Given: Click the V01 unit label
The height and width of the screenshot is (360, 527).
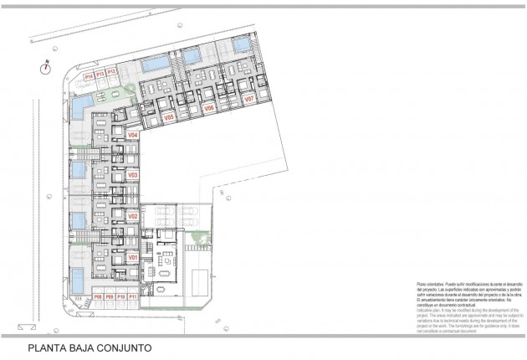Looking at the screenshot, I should point(133,258).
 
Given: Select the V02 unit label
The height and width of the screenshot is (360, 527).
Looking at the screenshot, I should point(133,216).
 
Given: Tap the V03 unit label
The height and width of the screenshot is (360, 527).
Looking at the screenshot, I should point(133,175).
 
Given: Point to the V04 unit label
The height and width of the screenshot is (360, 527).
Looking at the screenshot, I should point(133,134).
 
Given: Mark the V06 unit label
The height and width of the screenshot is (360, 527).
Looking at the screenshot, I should point(209,109).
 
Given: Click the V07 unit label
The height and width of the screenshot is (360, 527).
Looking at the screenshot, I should point(248,100).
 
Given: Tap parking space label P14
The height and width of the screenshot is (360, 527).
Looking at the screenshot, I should point(89,75).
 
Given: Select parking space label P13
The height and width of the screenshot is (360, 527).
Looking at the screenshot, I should point(100,75).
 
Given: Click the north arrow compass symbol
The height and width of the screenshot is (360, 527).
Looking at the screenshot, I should point(48,69).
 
